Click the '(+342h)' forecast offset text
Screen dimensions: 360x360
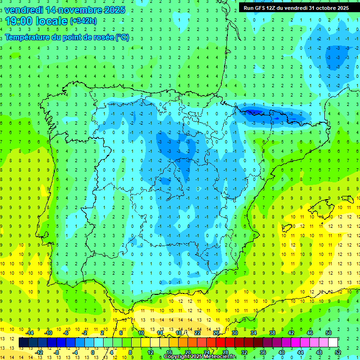click(82, 21)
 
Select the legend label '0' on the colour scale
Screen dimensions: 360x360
click(93, 352)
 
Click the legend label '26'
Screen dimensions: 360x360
click(216, 332)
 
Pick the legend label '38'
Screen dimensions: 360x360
click(272, 332)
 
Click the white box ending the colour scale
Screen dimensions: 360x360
click(333, 343)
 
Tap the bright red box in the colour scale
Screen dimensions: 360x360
click(220, 343)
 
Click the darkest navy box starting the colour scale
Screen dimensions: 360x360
click(23, 343)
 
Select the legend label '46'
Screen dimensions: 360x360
click(310, 332)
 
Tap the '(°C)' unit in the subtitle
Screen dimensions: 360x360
click(123, 37)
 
